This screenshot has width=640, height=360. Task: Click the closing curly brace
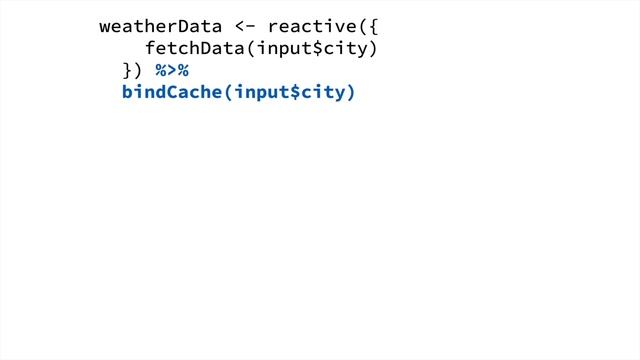tap(127, 71)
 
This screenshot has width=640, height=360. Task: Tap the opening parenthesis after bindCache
tap(227, 94)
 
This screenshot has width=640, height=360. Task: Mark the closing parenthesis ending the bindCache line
tap(350, 94)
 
